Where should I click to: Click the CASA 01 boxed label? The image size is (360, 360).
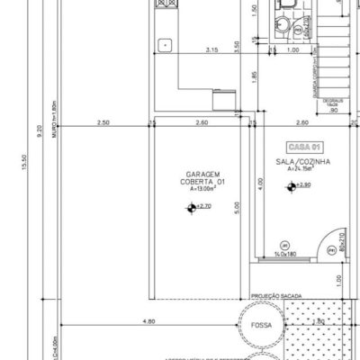coord(303,146)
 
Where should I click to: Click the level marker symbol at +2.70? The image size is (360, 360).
coord(190,207)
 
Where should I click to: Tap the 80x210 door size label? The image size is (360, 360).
coord(342,240)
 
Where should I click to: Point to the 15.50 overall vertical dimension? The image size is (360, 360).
coord(12,163)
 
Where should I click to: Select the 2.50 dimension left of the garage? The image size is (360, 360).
coord(103,121)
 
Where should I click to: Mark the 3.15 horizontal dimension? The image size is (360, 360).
coord(212,49)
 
